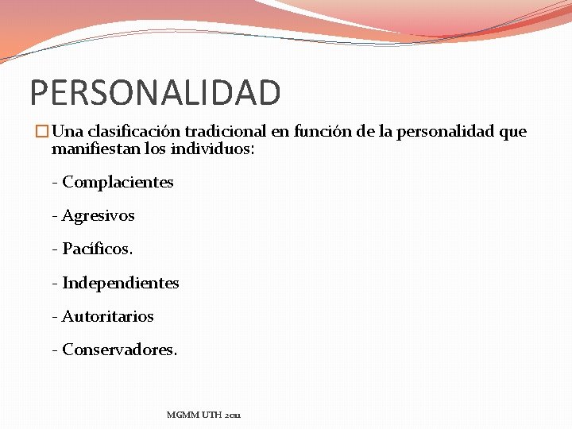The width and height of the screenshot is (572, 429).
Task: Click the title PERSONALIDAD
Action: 155,92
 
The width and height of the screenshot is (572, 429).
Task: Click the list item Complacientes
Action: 117,182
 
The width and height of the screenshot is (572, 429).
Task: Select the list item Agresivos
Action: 98,215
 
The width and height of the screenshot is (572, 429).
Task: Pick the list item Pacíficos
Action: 97,249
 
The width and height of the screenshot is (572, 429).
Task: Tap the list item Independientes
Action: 120,283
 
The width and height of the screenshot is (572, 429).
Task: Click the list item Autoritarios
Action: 107,316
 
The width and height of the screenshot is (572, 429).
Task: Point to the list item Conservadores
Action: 119,350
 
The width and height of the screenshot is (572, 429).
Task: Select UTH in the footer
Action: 211,415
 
